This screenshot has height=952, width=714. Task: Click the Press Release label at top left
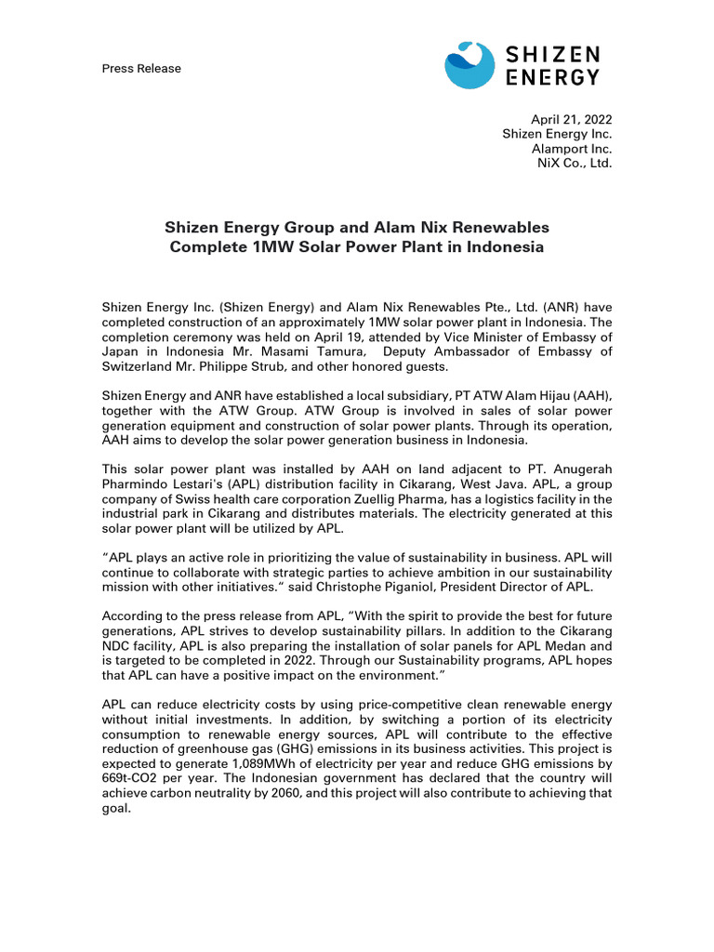141,69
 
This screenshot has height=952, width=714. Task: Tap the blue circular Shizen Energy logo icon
469,65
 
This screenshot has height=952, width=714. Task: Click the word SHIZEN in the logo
553,56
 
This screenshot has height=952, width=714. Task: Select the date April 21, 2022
571,119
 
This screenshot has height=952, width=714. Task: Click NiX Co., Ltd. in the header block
575,164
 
